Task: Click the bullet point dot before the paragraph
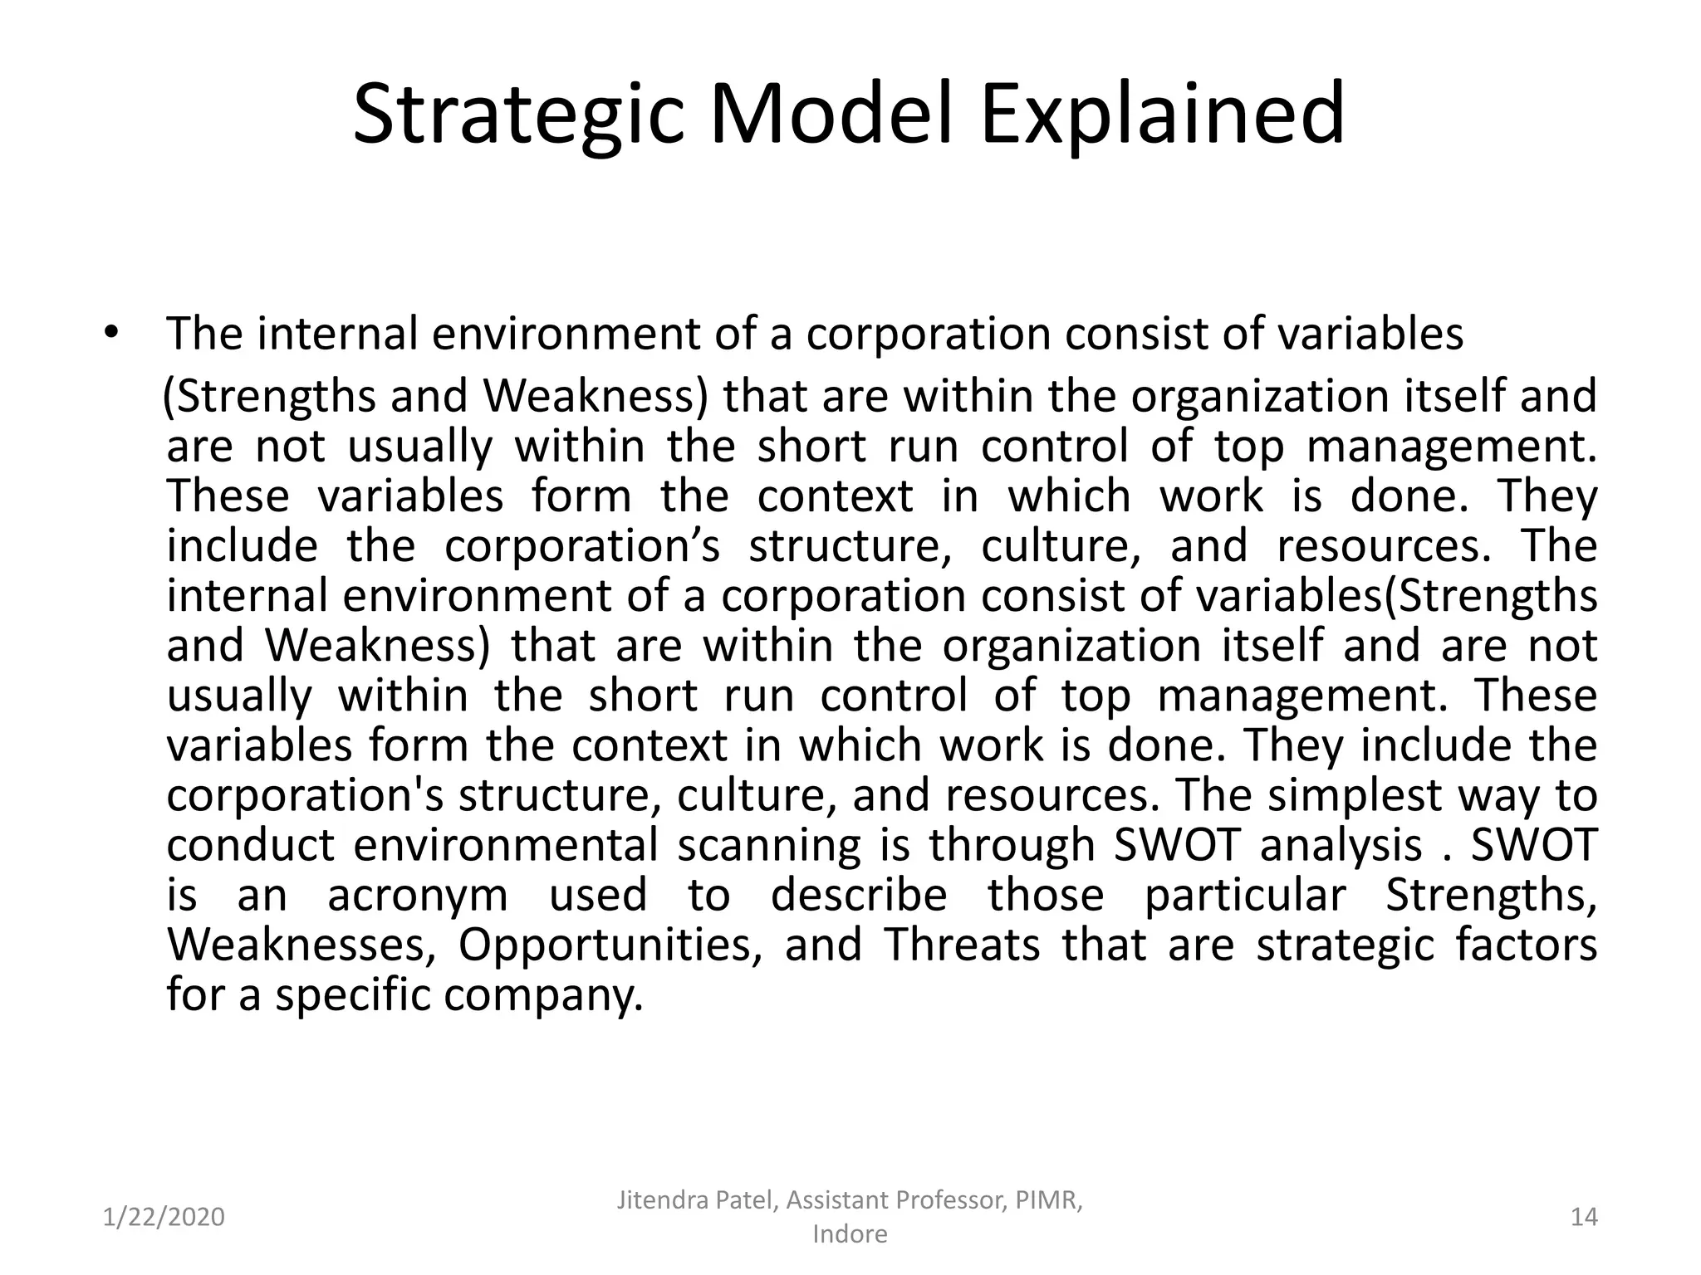click(x=112, y=334)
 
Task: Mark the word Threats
click(x=961, y=945)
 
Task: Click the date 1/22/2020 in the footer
click(x=164, y=1217)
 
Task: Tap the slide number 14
click(x=1584, y=1217)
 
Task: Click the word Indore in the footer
click(x=850, y=1234)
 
